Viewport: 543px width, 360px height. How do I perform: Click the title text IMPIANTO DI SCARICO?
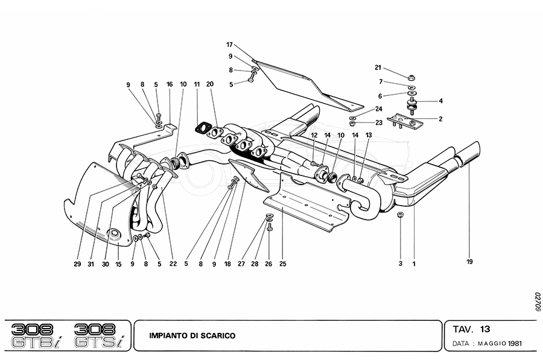click(193, 335)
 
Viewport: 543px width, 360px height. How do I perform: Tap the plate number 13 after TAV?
click(485, 329)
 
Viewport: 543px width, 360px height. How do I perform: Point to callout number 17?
click(229, 45)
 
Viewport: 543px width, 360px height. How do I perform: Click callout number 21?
click(378, 67)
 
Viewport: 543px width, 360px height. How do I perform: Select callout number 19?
click(469, 262)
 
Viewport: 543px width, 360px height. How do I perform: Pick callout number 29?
click(78, 263)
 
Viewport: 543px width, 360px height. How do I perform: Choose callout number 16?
click(170, 84)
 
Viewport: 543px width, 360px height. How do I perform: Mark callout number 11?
click(197, 84)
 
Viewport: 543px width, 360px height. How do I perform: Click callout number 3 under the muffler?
click(399, 263)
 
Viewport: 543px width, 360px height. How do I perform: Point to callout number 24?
click(378, 109)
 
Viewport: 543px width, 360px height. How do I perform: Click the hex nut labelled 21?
click(410, 77)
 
